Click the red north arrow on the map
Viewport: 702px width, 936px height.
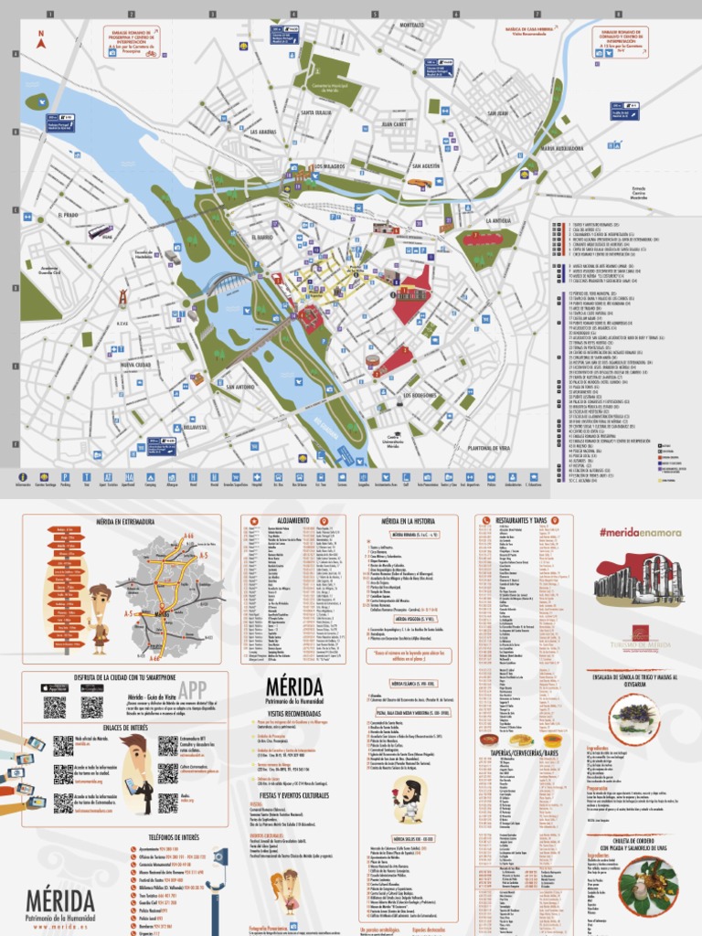pos(40,39)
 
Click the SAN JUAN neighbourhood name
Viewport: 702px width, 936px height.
pos(497,113)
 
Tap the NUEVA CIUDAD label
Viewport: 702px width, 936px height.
pos(134,365)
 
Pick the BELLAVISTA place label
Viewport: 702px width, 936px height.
pos(196,427)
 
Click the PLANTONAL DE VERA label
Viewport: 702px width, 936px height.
pos(489,448)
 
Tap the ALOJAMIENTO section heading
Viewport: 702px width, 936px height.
pos(293,519)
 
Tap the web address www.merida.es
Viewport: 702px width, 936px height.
pos(60,926)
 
